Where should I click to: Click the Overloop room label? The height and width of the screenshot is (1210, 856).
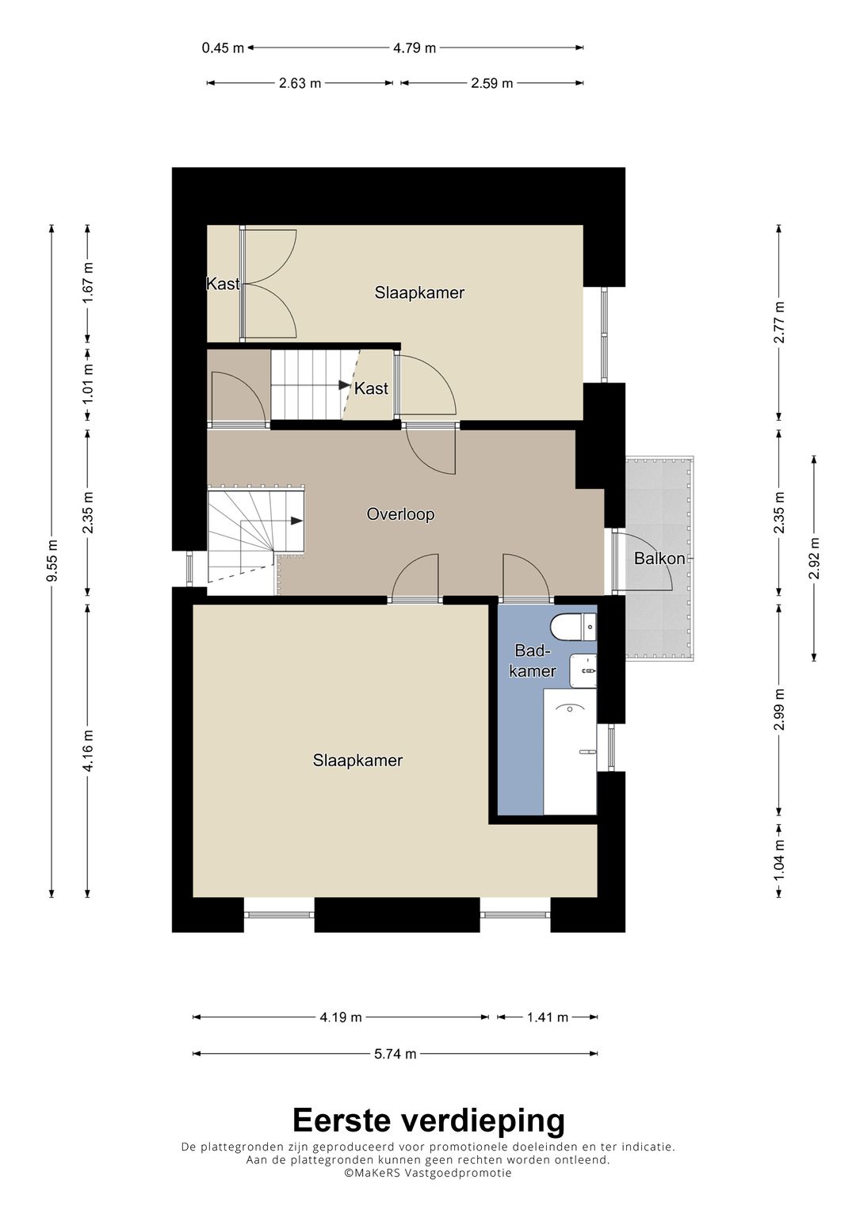click(400, 513)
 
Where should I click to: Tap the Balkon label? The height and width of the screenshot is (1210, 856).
click(659, 558)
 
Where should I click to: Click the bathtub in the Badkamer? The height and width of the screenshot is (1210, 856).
click(570, 751)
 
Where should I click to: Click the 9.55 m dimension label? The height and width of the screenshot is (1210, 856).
click(52, 561)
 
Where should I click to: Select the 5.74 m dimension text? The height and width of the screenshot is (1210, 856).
click(396, 1053)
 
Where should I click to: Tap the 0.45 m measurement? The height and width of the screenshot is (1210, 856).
click(224, 48)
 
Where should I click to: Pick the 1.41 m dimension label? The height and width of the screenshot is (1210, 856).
click(548, 1017)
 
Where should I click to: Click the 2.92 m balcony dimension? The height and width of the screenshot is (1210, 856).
click(814, 558)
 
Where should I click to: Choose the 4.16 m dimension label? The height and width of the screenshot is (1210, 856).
click(88, 750)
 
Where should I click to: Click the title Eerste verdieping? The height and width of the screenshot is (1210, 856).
click(429, 1120)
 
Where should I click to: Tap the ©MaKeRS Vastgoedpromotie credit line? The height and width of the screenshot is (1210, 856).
click(428, 1172)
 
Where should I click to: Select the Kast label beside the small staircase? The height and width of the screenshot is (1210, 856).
click(371, 388)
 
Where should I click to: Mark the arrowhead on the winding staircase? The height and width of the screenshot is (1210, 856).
click(296, 521)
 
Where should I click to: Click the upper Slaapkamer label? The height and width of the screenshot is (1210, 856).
click(419, 292)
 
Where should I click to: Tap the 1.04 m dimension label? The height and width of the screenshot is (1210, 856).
click(778, 860)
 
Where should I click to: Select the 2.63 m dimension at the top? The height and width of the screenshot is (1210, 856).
click(300, 83)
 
